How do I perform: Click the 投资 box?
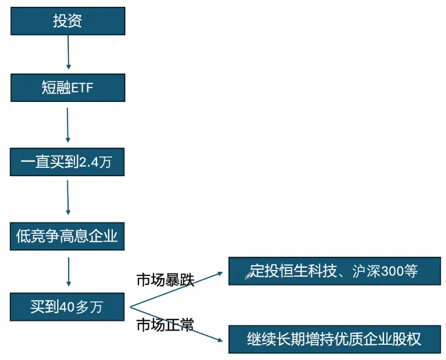coord(67,21)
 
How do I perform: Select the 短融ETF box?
coord(67,87)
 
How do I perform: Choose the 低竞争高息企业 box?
coord(67,237)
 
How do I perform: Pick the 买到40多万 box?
coord(67,307)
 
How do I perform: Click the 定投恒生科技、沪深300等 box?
coord(334,271)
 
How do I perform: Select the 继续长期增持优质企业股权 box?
coord(334,339)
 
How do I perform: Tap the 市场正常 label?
coord(165,325)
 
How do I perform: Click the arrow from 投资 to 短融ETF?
coord(68,52)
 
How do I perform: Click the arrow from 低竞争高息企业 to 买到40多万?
coord(68,272)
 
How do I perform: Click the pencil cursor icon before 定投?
coord(249,275)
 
